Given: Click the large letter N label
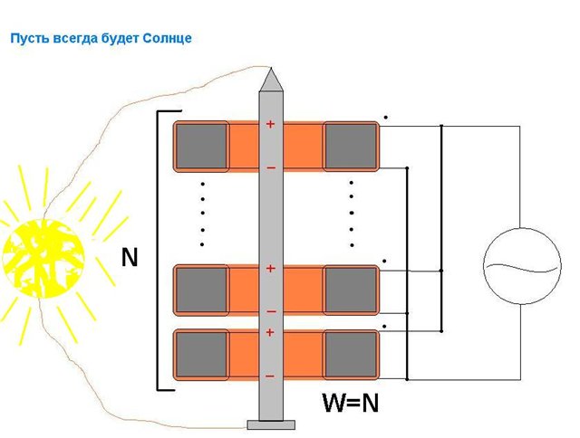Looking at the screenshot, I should [x=130, y=258].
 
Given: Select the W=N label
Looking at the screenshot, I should [x=351, y=403].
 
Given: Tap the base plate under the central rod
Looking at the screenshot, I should [x=270, y=424].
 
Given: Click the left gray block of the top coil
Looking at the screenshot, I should [x=201, y=146].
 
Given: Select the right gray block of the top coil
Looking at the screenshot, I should [x=351, y=146].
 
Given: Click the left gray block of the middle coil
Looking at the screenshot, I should [x=201, y=290].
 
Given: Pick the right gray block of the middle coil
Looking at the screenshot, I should [x=351, y=290].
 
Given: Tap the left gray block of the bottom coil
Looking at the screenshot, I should [x=201, y=354].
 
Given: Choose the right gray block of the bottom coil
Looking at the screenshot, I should [x=351, y=354].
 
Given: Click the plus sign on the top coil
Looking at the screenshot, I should [x=269, y=125].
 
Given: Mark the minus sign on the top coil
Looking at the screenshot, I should [x=269, y=167].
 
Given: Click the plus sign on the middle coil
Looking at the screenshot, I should [x=269, y=269].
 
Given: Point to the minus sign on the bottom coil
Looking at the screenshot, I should [x=269, y=375].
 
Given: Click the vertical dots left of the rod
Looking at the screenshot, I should [x=202, y=214].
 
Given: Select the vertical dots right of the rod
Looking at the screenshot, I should [x=351, y=214].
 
